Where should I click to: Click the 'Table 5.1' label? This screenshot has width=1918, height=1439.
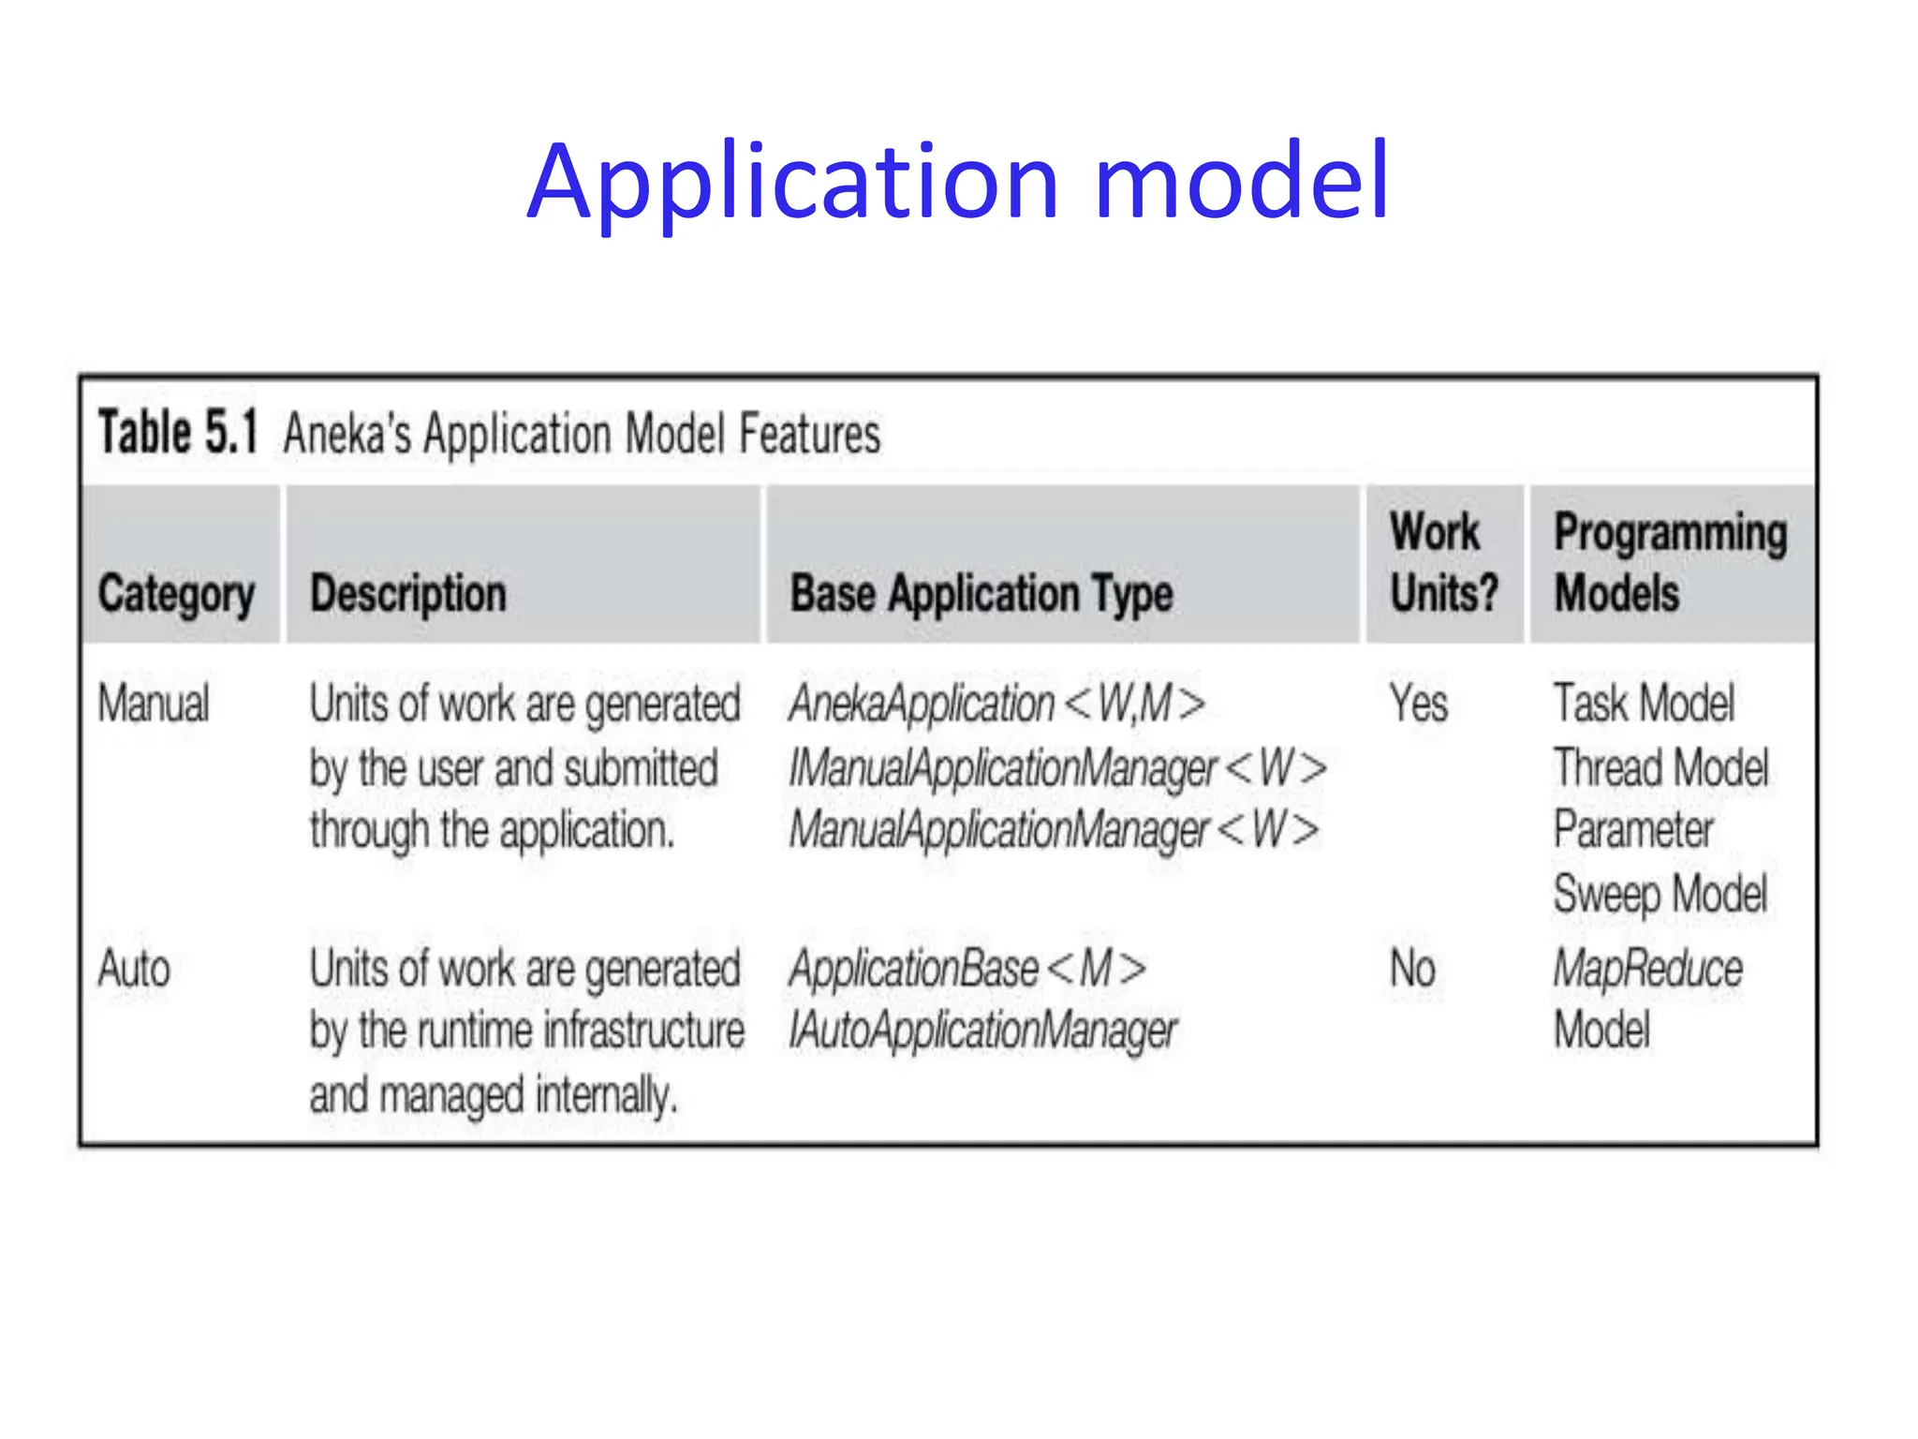point(178,433)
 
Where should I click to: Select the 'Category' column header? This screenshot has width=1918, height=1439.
point(176,594)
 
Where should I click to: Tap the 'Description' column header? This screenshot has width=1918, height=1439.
point(408,594)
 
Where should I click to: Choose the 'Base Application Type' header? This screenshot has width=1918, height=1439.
point(981,594)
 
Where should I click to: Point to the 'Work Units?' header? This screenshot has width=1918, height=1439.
point(1443,562)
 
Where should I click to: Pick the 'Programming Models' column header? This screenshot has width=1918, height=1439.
point(1670,562)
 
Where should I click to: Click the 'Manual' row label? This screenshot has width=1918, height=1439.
point(154,704)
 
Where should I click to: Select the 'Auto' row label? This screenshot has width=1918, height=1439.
point(134,969)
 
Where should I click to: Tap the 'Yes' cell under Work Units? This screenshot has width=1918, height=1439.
point(1418,704)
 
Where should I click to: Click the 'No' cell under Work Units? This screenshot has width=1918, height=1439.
point(1412,969)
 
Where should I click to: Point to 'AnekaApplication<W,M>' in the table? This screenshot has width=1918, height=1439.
point(996,704)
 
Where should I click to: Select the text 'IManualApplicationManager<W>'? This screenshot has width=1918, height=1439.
point(1057,768)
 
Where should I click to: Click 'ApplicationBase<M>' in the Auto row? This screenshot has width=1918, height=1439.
point(967,969)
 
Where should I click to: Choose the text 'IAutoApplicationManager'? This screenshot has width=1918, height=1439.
point(982,1031)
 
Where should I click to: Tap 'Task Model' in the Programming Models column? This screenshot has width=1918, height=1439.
point(1644,704)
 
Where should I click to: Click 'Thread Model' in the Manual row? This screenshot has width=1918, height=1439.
point(1660,768)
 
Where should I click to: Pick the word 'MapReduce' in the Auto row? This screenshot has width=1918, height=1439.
point(1647,969)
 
